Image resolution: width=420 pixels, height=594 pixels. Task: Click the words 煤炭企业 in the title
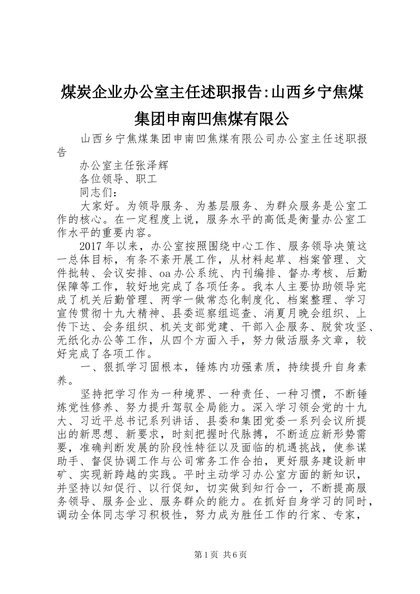coord(98,93)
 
